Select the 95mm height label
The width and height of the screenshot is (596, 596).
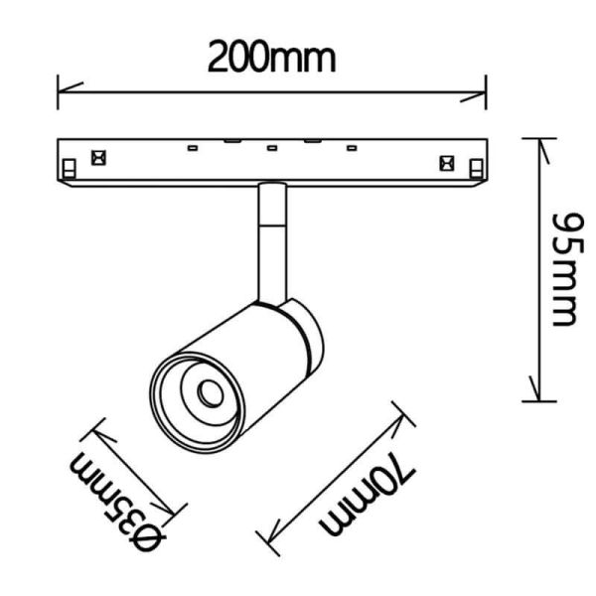pyautogui.click(x=563, y=268)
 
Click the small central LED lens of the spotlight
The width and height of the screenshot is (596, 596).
pyautogui.click(x=210, y=393)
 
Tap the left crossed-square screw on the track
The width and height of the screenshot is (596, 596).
pyautogui.click(x=98, y=156)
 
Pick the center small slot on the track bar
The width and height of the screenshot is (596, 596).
pyautogui.click(x=270, y=149)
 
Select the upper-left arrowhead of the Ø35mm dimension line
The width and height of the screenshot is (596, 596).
pyautogui.click(x=97, y=428)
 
